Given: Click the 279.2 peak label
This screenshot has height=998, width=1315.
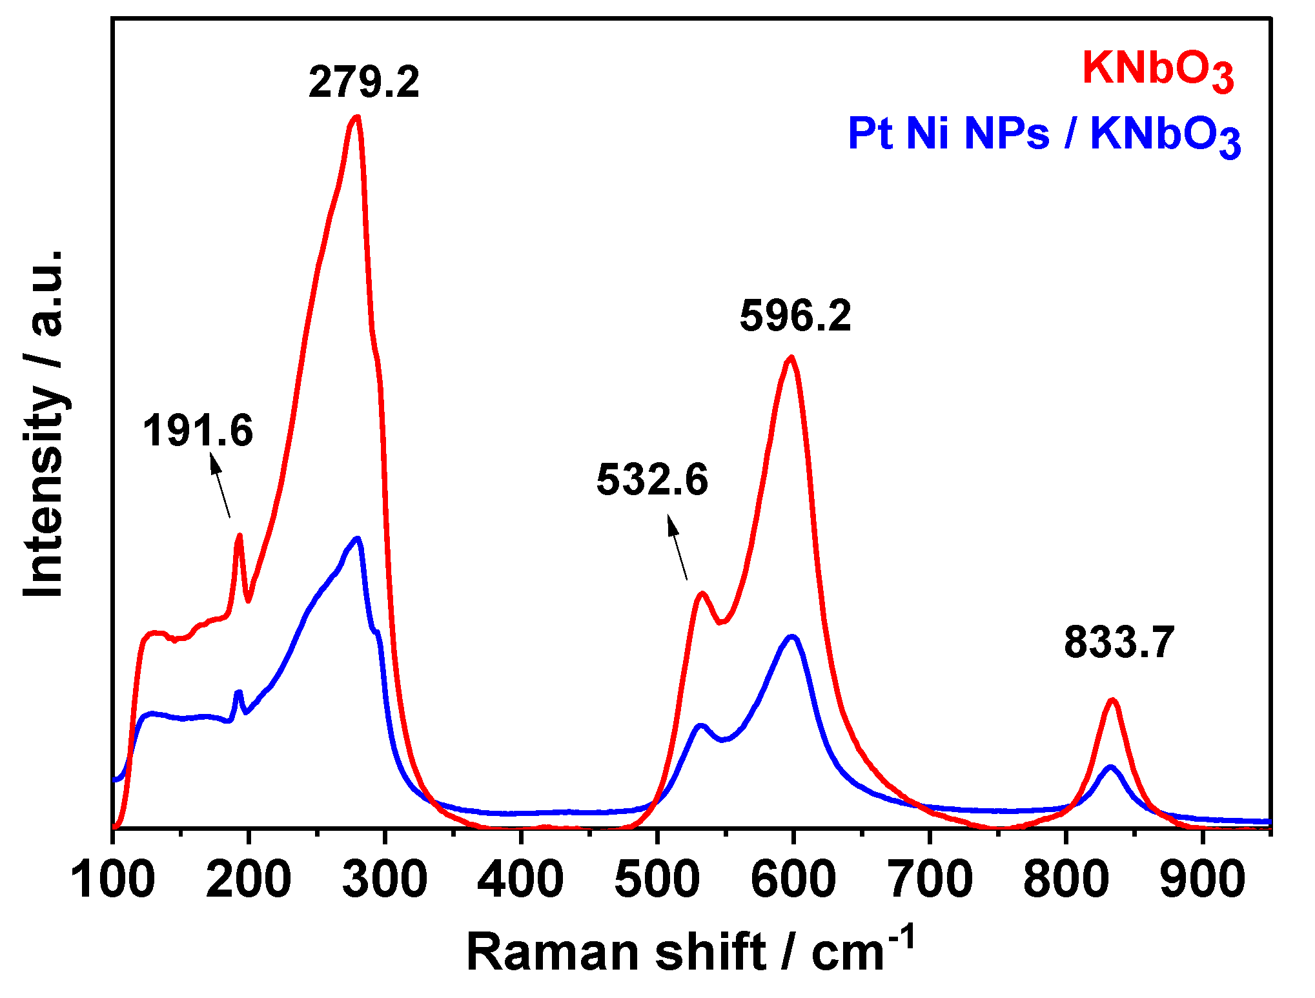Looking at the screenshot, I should [x=363, y=83].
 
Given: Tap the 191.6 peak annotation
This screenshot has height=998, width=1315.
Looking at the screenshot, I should [x=198, y=431].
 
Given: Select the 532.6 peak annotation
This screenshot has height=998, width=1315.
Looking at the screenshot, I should [x=652, y=480].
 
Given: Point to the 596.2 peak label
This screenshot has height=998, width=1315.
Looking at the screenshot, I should [x=795, y=316].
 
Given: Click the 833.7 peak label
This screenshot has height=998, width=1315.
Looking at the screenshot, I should [x=1119, y=643].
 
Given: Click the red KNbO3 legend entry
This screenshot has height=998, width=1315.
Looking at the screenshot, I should [x=1158, y=70].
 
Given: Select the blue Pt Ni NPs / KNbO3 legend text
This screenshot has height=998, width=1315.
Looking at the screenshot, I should [x=1044, y=135].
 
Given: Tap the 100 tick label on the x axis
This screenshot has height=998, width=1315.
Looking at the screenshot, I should [x=113, y=879].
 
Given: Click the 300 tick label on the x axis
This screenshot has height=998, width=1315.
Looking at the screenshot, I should [x=385, y=879].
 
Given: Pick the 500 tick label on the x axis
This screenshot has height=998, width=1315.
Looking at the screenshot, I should [x=657, y=879].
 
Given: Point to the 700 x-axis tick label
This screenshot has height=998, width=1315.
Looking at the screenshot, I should [x=930, y=879].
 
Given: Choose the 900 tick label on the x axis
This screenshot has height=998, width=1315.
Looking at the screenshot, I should [x=1202, y=879].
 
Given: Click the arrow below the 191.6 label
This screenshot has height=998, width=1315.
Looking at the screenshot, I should [x=220, y=484].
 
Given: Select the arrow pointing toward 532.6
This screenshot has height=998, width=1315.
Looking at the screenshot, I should [x=677, y=547].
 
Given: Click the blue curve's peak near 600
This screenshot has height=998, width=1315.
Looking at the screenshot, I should [x=792, y=636].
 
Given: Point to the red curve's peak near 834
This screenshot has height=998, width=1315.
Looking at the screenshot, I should [x=1112, y=700].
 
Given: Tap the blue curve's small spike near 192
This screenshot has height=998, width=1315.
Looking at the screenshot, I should [x=239, y=692].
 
